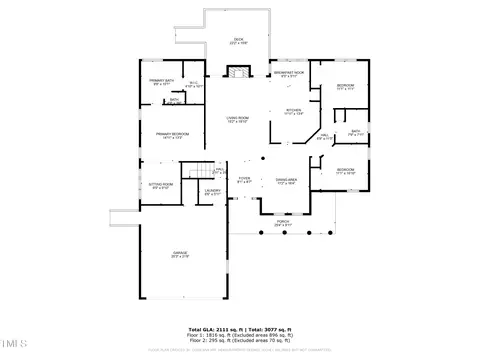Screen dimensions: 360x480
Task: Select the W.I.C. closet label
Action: point(195,84)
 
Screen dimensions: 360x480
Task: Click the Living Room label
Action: point(237,119)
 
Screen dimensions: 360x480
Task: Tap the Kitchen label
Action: point(293,112)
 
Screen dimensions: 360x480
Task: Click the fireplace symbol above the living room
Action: point(238,72)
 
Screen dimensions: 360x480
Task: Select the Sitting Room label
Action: point(161,185)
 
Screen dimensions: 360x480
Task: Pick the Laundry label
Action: point(212,191)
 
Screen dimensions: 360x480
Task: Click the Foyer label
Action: point(244,181)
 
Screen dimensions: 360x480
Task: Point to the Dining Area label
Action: point(287,181)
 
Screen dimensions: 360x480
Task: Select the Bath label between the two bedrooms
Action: point(355,133)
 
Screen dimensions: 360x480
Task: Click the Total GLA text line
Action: point(239,329)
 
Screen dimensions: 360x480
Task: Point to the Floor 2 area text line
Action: point(239,340)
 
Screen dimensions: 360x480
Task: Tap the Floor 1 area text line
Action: point(239,335)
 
